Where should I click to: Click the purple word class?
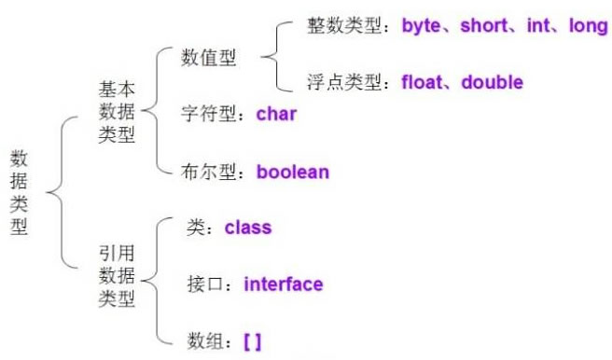point(247,227)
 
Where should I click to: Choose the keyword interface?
point(284,284)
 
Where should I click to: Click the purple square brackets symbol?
point(252,341)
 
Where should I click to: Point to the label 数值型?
point(209,59)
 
